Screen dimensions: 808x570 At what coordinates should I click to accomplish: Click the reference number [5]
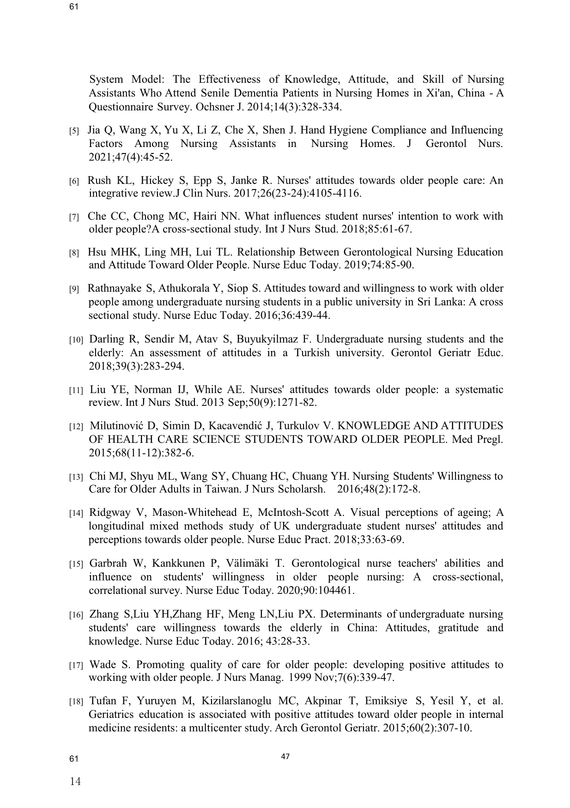(74, 131)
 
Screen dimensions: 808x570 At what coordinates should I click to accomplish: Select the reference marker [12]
(76, 427)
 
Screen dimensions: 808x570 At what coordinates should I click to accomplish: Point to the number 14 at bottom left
(75, 782)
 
